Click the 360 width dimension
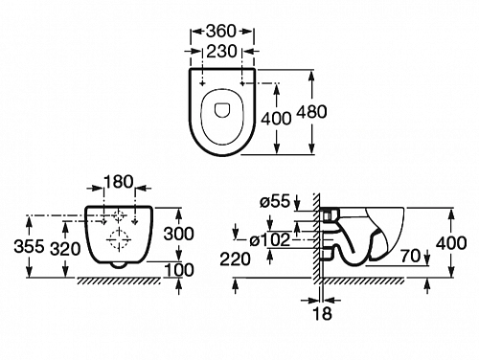[221, 31]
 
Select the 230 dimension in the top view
[221, 51]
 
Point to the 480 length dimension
[311, 112]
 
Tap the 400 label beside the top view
[276, 119]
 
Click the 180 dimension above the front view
[118, 182]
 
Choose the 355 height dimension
[29, 246]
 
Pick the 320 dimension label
[65, 249]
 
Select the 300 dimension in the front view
[179, 234]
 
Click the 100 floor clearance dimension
[179, 270]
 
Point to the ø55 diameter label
[275, 202]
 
